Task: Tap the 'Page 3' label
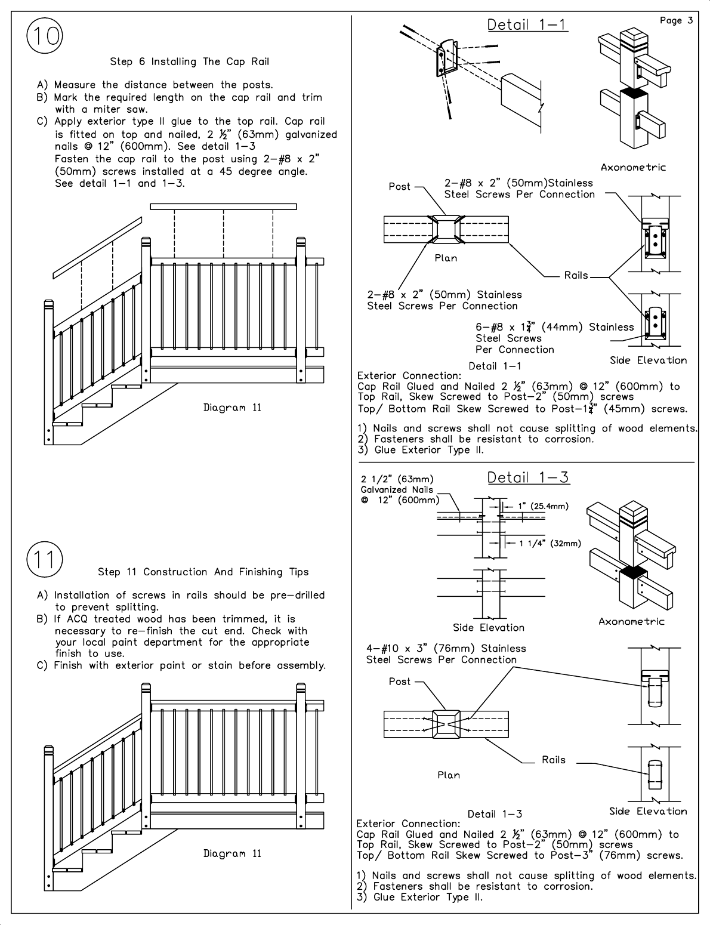pos(676,21)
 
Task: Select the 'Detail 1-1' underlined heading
pos(527,25)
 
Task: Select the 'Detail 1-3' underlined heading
pos(528,477)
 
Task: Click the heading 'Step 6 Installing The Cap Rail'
pos(190,61)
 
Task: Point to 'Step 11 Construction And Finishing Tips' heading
pos(203,572)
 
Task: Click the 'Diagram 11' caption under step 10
pos(232,408)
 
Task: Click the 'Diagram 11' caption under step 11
pos(232,853)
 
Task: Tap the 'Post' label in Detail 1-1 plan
pos(399,187)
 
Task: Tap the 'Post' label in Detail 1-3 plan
pos(399,682)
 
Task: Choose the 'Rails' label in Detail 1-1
pos(576,276)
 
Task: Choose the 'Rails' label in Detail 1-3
pos(553,760)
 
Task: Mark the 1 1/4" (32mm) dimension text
pos(550,543)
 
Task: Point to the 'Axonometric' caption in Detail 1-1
pos(633,167)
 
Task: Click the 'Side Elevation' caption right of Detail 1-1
pos(648,360)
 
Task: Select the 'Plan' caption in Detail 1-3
pos(448,775)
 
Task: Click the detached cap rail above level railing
pos(223,206)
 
